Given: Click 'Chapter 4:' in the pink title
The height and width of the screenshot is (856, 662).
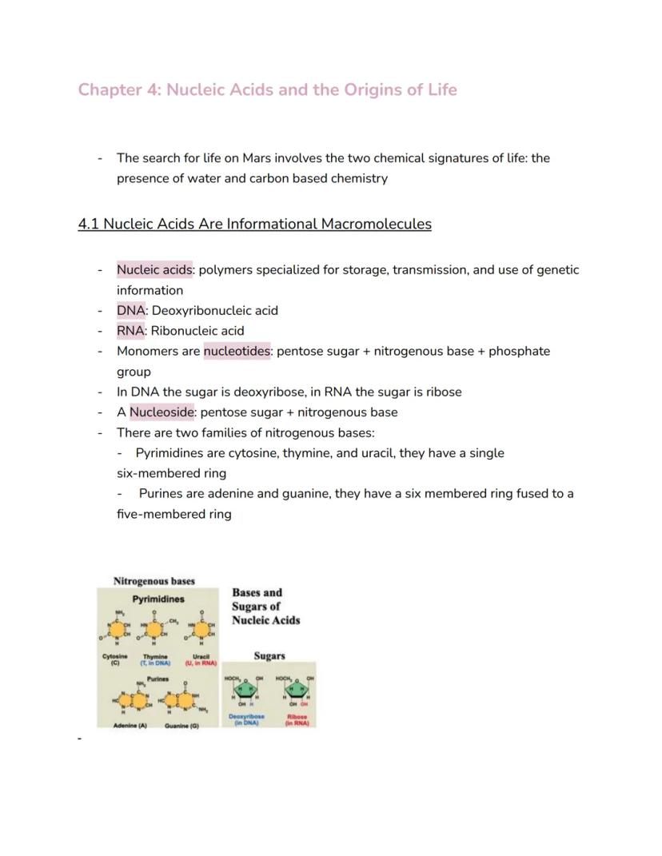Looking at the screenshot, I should coord(118,90).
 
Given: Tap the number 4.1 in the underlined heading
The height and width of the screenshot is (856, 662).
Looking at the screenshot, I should coord(90,224).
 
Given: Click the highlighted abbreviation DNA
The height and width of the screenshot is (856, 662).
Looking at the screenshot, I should coord(131,310).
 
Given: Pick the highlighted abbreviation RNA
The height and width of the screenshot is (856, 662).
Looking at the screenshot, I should coord(131,331).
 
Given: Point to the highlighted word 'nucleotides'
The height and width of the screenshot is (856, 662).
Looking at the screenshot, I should coord(237,352).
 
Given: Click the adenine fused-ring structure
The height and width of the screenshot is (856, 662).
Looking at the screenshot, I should coord(132,702).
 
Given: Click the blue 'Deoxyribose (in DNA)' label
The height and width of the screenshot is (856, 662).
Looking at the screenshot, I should coord(246,719).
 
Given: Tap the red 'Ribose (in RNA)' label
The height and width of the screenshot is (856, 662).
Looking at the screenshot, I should coord(297,719).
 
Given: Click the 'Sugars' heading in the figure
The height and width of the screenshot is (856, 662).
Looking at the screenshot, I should coord(269,656).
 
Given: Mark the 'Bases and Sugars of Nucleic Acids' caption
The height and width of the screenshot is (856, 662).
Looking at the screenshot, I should coord(265,607).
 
